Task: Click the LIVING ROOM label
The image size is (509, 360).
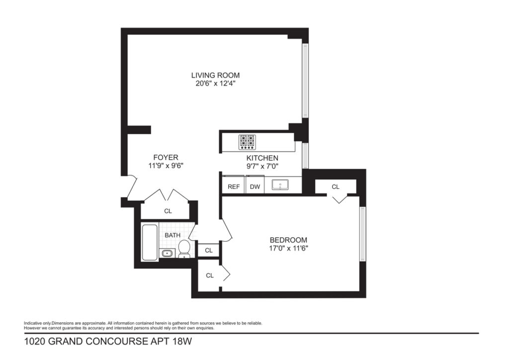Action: coord(215,75)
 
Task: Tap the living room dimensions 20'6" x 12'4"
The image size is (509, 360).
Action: coord(215,84)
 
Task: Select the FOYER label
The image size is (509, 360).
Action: coord(166,158)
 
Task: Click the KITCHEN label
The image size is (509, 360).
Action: coord(262,158)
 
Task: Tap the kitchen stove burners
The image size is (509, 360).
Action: coord(247,142)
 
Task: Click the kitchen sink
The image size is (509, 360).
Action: coord(280,185)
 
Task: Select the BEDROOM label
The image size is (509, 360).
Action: coord(288,240)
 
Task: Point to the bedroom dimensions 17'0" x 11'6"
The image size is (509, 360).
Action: coord(289,249)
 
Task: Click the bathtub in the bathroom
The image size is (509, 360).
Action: coord(150,242)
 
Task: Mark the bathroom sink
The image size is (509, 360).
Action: coord(167,253)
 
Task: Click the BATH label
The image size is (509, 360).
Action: coord(172,235)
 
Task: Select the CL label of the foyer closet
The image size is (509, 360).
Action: coord(168,211)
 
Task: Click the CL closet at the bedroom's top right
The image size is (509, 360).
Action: coord(336,186)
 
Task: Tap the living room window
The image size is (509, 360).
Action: coord(306,81)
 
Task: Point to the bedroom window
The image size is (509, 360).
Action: coord(363,233)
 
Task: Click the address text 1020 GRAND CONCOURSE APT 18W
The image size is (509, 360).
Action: coord(108,342)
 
